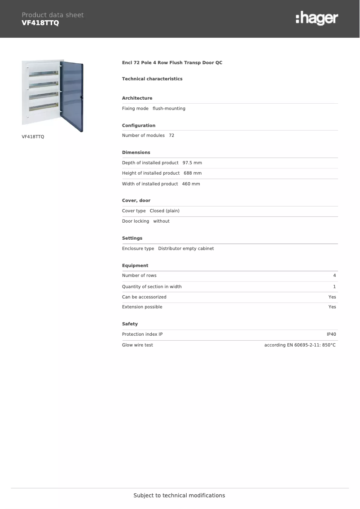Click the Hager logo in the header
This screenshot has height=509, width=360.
coord(316,18)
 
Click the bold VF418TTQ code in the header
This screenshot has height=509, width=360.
coord(40,23)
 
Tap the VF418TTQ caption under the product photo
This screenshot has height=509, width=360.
coord(33,136)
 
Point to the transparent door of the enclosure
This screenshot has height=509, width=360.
coord(71,97)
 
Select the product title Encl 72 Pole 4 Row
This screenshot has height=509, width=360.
coord(172,63)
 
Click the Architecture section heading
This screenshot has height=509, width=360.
coord(137,98)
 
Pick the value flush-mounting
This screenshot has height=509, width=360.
coord(169,109)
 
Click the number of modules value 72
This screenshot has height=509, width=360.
coord(171,136)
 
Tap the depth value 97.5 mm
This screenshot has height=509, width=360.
coord(192,163)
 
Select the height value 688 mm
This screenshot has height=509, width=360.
coord(193,173)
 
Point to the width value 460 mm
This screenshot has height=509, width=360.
coord(191,184)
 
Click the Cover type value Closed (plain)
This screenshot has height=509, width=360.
coord(164,211)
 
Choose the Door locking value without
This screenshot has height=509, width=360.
coord(161,221)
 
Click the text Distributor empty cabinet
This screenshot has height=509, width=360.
coord(186,249)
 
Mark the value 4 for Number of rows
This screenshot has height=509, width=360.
coord(334,276)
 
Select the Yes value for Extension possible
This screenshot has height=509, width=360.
coord(332,307)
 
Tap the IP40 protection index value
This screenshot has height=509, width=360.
coord(331,334)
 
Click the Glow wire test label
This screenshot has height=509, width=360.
coord(137,345)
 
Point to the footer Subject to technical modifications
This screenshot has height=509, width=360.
coord(179,496)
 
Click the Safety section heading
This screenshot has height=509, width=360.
coord(130,324)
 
